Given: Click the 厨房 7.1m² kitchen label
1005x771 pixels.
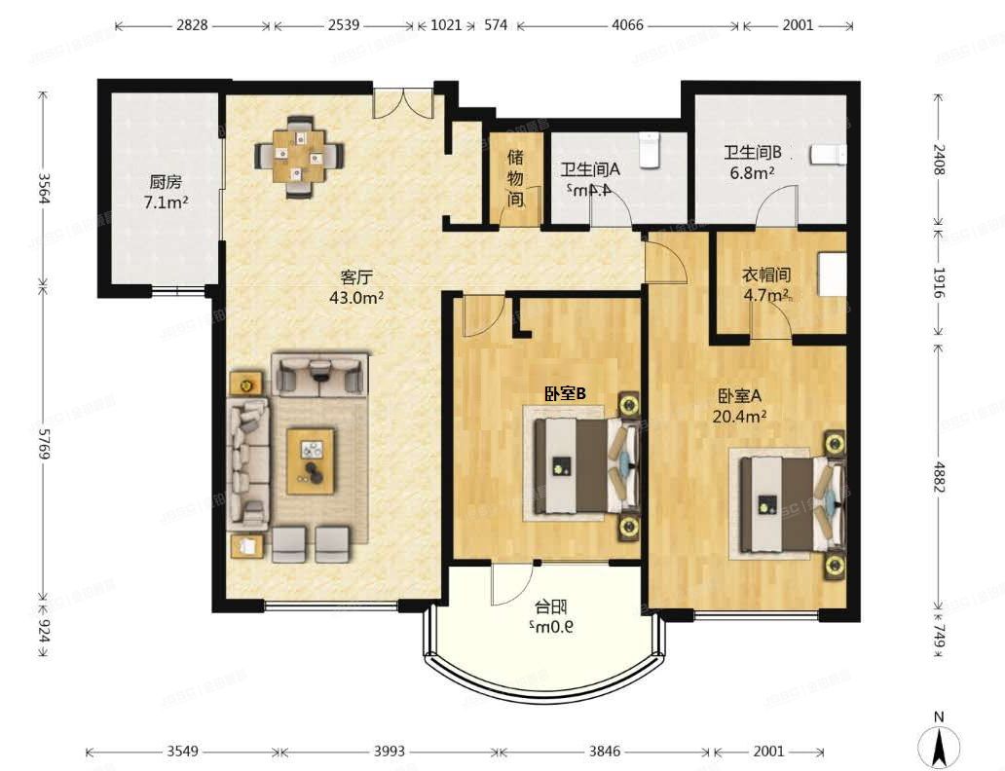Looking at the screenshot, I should pos(166,192).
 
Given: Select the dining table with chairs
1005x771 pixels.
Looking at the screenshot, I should pos(299,156).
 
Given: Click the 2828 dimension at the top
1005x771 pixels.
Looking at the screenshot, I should pos(192,25).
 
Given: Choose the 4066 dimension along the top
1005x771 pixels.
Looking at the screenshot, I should pos(627,25).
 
